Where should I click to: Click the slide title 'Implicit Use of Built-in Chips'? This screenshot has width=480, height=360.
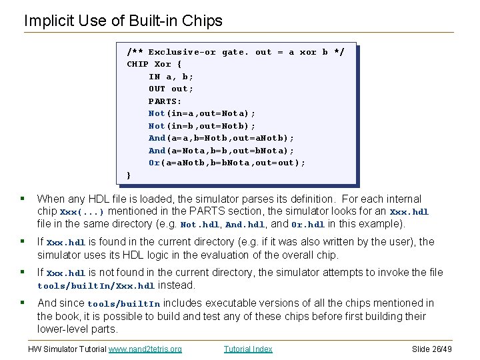[x=123, y=21]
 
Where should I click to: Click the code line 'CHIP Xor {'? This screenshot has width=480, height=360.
[x=154, y=64]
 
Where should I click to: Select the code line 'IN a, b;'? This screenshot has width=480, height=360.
[x=171, y=77]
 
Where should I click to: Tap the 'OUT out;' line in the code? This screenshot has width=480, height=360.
[x=171, y=89]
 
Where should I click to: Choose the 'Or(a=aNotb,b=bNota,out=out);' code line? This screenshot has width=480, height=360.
[x=227, y=163]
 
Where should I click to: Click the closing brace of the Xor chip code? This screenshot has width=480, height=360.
[x=129, y=175]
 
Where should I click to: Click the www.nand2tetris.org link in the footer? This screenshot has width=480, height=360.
[x=145, y=349]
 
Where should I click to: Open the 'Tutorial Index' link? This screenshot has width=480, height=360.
[x=248, y=349]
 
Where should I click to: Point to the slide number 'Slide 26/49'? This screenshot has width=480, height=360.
[x=432, y=349]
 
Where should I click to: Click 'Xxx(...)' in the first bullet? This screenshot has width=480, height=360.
[x=81, y=212]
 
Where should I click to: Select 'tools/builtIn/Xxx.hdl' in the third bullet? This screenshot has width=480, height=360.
[x=95, y=286]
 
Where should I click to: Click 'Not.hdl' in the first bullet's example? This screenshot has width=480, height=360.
[x=201, y=225]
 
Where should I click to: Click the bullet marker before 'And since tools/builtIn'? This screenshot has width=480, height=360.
[x=23, y=303]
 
